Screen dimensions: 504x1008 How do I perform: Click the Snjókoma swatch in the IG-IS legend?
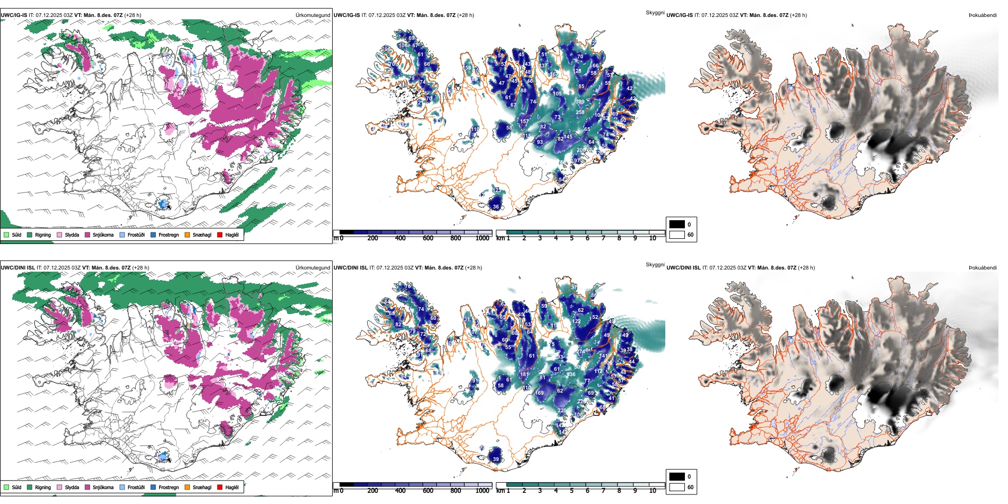(88, 235)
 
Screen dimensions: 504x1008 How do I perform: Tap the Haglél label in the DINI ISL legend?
(232, 488)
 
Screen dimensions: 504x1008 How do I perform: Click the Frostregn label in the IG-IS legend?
(169, 235)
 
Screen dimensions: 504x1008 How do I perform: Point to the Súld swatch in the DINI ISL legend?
(6, 488)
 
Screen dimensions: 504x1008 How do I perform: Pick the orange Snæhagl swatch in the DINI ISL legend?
(187, 488)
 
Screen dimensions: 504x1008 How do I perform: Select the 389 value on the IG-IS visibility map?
(580, 102)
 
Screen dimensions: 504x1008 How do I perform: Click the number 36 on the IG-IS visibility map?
(496, 207)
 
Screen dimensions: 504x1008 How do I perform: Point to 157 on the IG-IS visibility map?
(524, 121)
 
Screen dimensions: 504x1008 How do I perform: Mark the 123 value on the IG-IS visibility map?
(497, 190)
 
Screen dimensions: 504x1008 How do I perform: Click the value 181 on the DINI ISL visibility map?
(524, 375)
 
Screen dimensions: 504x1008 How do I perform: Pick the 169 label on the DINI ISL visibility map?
(539, 393)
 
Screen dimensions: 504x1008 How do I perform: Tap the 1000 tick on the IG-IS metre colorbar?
(482, 238)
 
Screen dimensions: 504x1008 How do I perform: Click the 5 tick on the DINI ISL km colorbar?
(572, 491)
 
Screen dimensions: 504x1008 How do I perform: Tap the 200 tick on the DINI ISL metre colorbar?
(372, 491)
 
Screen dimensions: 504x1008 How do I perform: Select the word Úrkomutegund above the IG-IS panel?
(313, 15)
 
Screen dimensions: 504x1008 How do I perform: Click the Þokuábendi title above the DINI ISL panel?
(983, 268)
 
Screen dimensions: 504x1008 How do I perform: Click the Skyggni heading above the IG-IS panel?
(655, 13)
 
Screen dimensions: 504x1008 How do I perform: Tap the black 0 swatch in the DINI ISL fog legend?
(677, 476)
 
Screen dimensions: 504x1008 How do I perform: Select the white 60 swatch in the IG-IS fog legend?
(677, 234)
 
